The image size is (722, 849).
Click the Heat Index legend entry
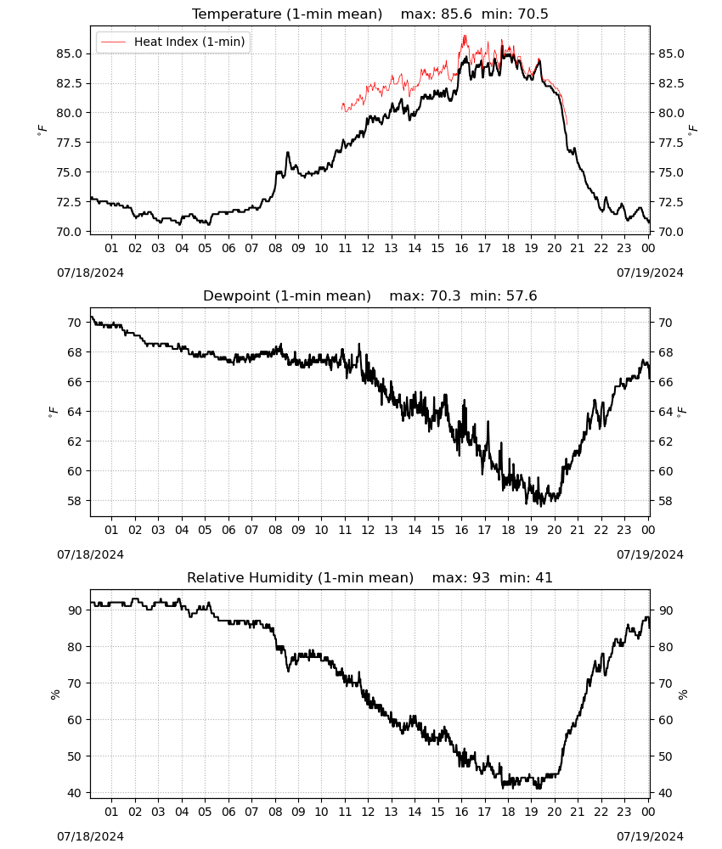click(x=172, y=42)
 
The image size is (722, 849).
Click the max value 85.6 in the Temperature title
click(x=457, y=14)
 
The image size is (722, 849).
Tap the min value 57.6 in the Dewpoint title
click(x=522, y=295)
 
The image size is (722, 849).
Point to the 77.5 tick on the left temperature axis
click(x=70, y=143)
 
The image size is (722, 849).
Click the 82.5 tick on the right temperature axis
click(x=671, y=83)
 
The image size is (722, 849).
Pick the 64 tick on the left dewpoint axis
click(x=75, y=412)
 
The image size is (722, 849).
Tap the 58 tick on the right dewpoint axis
click(x=665, y=501)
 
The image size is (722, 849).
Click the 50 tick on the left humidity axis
click(x=75, y=756)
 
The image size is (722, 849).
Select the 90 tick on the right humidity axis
click(x=665, y=610)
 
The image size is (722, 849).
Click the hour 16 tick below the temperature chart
click(x=461, y=248)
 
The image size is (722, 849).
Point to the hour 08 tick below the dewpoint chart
click(x=275, y=530)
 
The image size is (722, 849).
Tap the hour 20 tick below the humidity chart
click(x=555, y=812)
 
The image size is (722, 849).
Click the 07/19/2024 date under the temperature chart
click(x=650, y=273)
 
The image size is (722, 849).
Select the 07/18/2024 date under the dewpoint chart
click(x=90, y=554)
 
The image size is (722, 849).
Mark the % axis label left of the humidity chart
click(x=54, y=694)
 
